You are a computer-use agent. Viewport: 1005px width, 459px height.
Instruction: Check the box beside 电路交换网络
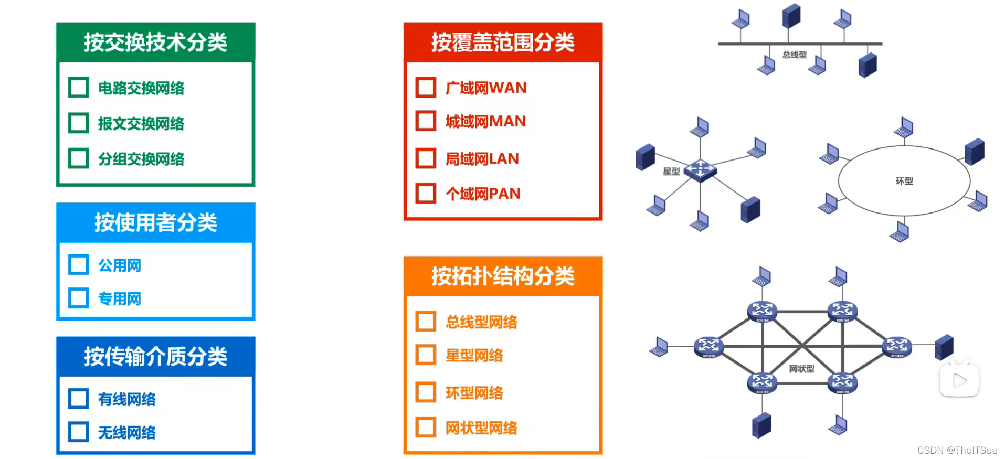(x=79, y=88)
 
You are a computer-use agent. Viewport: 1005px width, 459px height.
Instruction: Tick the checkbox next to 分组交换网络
(x=79, y=158)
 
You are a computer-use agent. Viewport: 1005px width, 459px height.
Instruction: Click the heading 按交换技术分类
(x=155, y=42)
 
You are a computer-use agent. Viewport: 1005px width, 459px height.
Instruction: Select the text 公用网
(x=120, y=265)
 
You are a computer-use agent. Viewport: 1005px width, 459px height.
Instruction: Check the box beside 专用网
(x=79, y=298)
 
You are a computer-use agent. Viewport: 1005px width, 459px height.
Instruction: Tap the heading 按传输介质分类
(x=155, y=357)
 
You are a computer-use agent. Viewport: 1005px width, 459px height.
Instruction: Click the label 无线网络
(x=127, y=433)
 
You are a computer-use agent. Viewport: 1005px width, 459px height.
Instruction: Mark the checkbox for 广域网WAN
(x=426, y=88)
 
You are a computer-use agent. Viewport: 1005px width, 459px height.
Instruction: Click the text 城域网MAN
(x=485, y=121)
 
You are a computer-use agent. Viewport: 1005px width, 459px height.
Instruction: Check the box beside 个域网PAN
(x=426, y=193)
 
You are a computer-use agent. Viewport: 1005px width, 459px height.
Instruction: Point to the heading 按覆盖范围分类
(x=503, y=42)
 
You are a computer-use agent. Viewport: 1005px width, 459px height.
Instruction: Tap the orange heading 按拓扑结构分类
(x=503, y=276)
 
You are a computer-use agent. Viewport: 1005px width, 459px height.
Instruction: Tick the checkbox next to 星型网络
(x=426, y=355)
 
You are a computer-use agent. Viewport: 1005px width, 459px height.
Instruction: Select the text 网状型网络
(x=481, y=428)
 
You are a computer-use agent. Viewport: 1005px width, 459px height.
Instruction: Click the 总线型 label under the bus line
(x=795, y=55)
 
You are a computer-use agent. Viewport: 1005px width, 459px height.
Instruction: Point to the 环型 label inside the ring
(x=904, y=181)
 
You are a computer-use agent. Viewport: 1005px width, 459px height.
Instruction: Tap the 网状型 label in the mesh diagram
(x=801, y=369)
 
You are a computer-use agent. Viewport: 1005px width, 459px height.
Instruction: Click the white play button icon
(x=959, y=380)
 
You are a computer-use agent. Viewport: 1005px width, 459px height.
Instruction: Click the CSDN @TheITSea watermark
(x=957, y=450)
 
